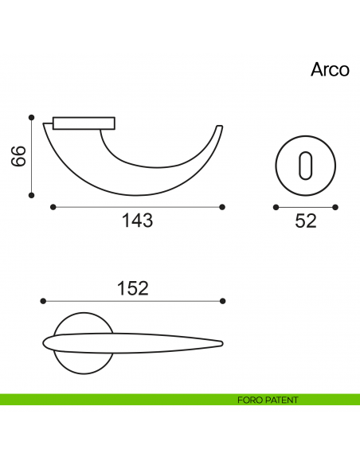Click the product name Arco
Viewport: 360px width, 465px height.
pos(330,69)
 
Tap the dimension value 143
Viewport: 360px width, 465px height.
pos(137,221)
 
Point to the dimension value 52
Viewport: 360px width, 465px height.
pos(306,221)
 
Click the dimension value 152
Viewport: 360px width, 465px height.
pos(132,288)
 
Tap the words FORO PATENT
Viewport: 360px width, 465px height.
pos(268,400)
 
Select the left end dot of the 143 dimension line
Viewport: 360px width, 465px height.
pos(53,207)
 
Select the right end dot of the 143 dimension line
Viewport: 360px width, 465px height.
pos(221,207)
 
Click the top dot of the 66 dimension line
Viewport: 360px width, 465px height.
pos(32,116)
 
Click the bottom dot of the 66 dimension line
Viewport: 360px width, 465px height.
pos(32,194)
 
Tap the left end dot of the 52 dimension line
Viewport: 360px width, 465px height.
pos(276,207)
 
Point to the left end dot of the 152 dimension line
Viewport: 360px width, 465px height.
pos(43,301)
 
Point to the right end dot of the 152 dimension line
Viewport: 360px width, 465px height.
pos(222,301)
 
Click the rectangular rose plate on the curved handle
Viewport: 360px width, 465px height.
pos(84,123)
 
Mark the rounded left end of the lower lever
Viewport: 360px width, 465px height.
pos(45,344)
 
